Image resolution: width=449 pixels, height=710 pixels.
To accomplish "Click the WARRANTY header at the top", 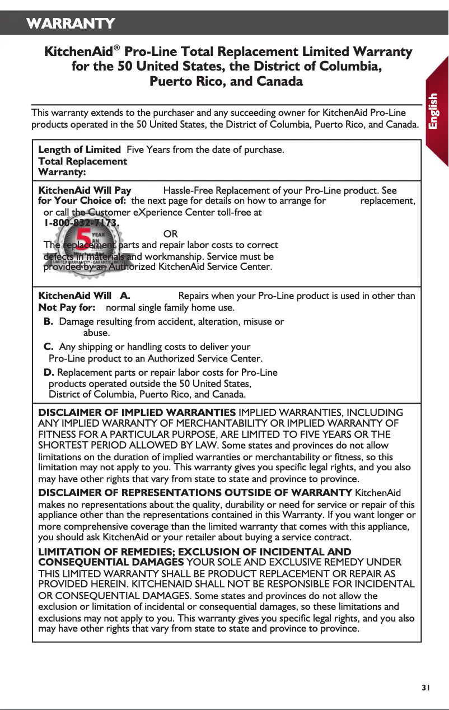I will tap(71, 24).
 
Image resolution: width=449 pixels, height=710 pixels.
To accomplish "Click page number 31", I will tap(426, 688).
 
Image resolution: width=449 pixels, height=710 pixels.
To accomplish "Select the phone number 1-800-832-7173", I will tap(82, 223).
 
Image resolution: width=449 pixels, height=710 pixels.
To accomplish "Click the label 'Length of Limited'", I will tap(79, 150).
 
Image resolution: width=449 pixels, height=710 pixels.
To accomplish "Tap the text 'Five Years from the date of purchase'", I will tap(205, 150).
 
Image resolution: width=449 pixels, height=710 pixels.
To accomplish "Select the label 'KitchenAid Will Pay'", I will tap(85, 190).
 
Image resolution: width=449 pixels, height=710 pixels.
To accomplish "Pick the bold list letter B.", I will tap(49, 322).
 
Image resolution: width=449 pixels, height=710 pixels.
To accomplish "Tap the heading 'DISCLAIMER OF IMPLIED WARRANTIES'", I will tap(137, 413).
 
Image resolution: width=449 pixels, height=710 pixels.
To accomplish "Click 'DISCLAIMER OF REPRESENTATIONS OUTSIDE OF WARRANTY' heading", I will tap(195, 493).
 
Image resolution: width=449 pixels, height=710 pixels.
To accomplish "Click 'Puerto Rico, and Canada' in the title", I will tap(226, 82).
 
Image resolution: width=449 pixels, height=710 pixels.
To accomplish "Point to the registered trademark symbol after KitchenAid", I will tap(117, 48).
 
